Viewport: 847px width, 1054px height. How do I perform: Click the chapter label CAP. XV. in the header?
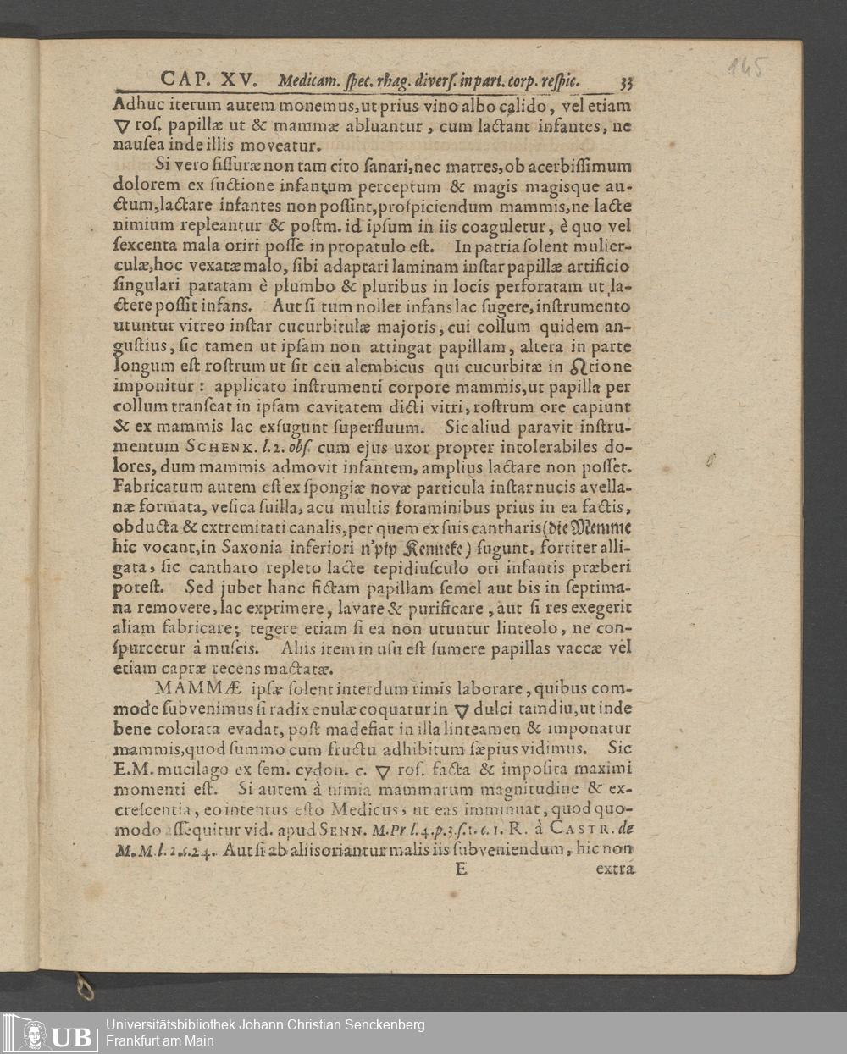(x=213, y=80)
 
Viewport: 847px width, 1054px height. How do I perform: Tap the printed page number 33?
(x=627, y=82)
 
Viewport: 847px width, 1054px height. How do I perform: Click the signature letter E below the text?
(x=461, y=868)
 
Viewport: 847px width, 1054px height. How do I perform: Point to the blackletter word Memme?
(x=602, y=527)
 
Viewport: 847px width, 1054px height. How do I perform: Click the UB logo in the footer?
(x=51, y=1033)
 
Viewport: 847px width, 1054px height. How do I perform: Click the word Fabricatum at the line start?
(x=153, y=488)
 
